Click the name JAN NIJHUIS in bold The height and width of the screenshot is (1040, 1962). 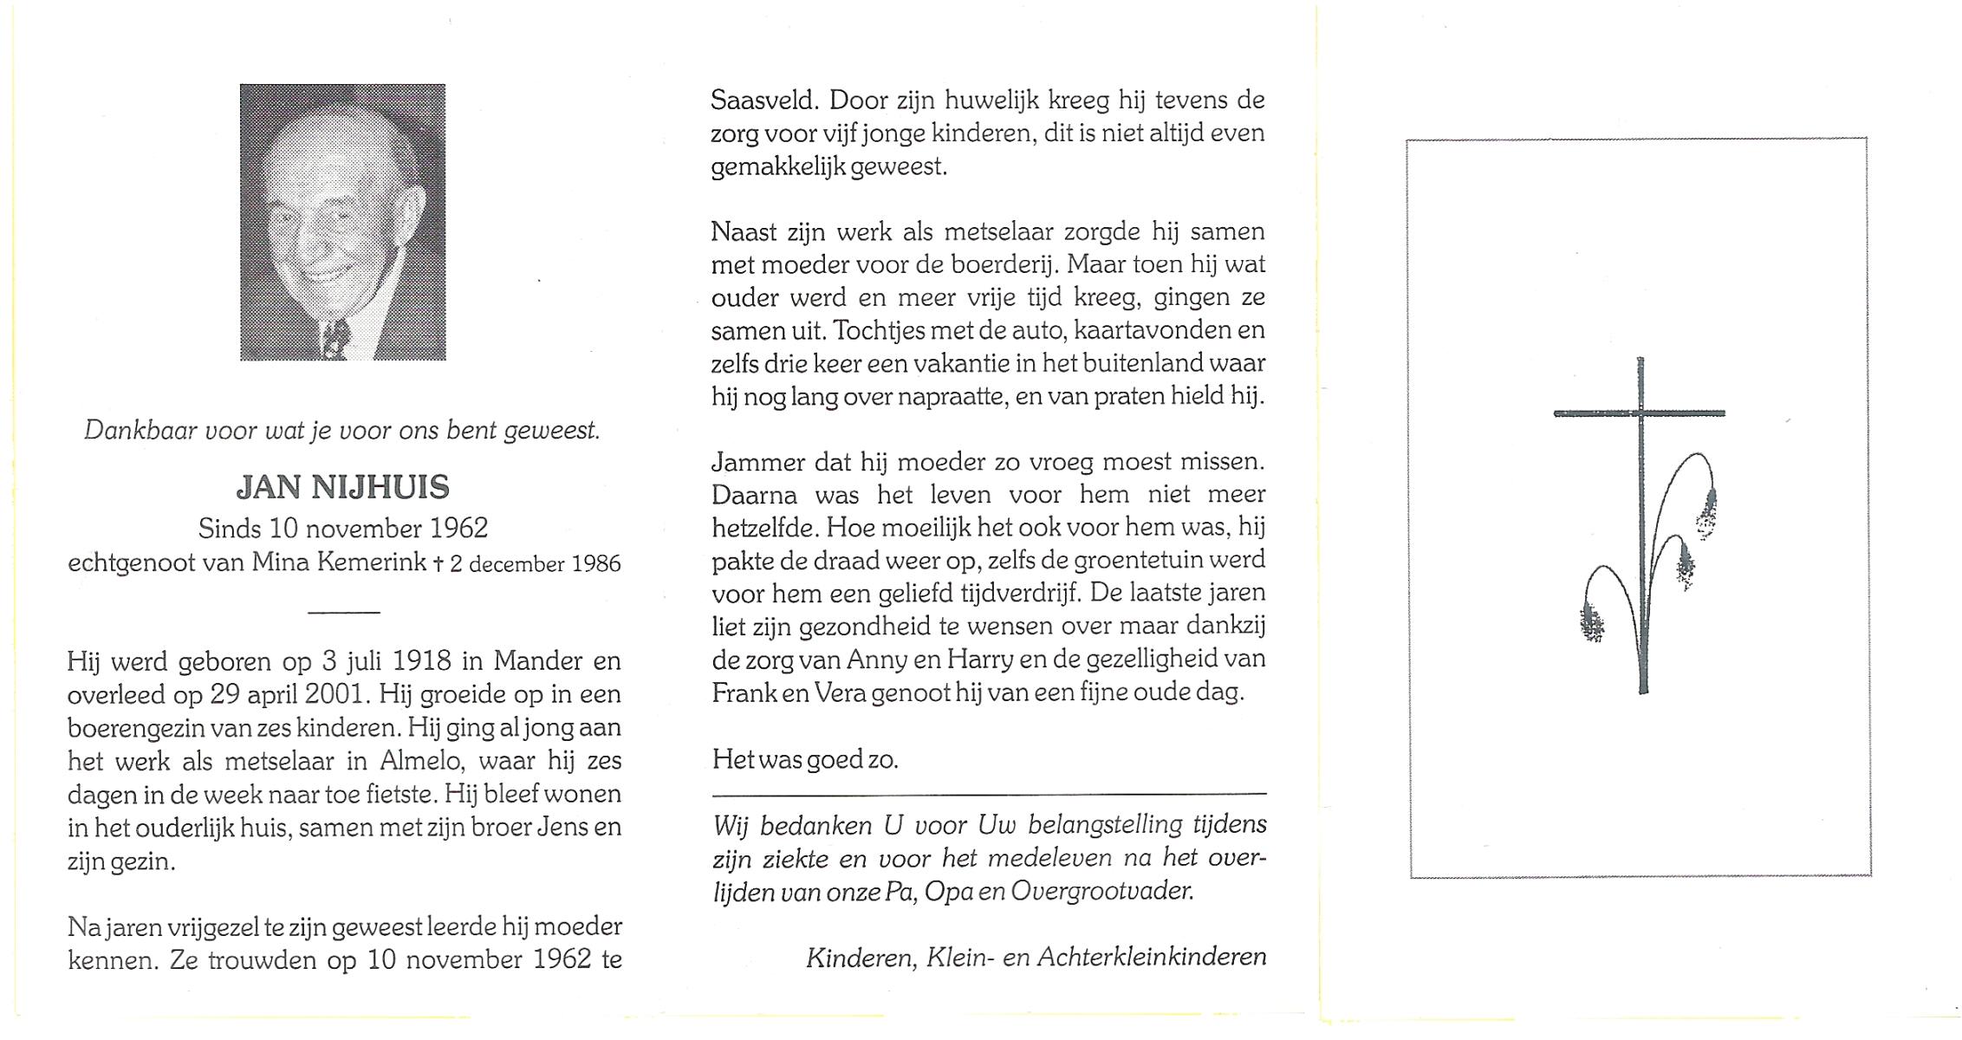(343, 487)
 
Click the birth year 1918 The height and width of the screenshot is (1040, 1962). (422, 661)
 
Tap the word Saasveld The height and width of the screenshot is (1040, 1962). (763, 101)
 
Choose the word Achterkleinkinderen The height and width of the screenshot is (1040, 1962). (1152, 957)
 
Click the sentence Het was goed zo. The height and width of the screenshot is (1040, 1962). (805, 760)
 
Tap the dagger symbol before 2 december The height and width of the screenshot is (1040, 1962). (438, 563)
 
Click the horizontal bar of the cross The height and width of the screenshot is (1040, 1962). (1639, 413)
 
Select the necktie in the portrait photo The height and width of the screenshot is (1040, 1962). (335, 338)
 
